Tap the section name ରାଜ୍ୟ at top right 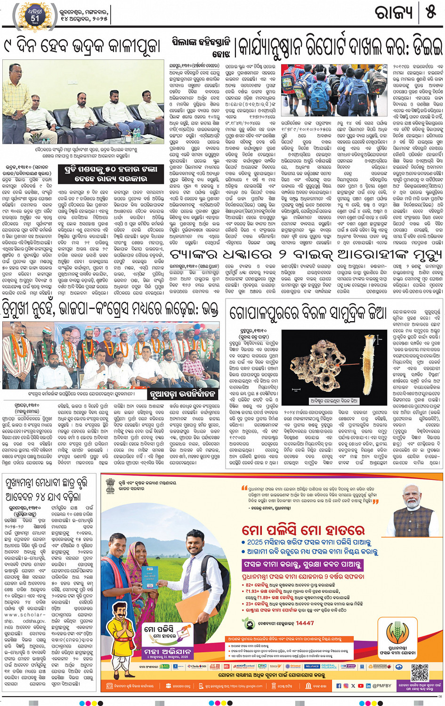click(394, 12)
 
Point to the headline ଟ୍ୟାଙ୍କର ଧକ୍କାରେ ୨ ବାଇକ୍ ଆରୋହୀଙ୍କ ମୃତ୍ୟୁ click(306, 255)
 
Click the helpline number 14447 click(304, 623)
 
